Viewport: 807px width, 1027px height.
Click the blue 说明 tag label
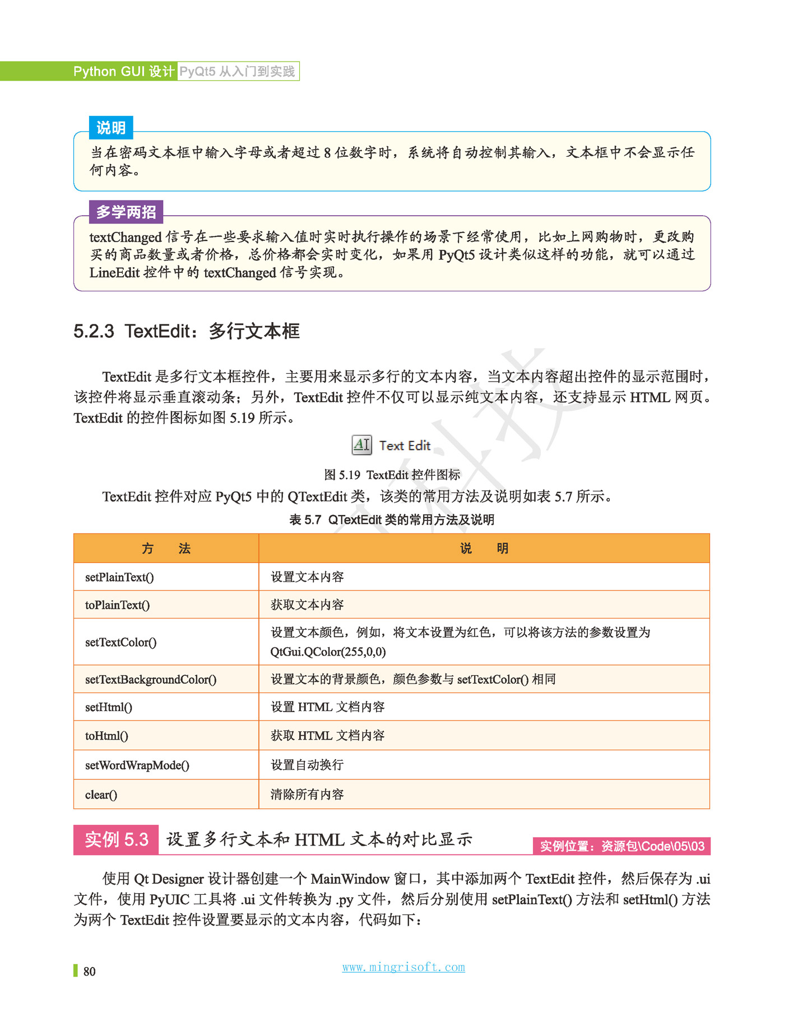tap(111, 128)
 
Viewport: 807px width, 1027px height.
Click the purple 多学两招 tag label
tap(126, 212)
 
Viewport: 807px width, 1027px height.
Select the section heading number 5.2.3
tap(94, 331)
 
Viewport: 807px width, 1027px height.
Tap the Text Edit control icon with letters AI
tap(361, 445)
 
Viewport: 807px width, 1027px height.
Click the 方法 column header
tap(166, 549)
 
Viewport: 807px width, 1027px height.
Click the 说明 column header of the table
tap(484, 549)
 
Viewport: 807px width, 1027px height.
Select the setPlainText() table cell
tap(119, 577)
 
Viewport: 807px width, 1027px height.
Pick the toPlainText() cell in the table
tap(117, 605)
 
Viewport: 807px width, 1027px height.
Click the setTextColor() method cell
tap(120, 642)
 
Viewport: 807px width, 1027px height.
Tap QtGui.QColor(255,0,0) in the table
tap(328, 652)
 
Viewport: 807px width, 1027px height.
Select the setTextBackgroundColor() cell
tap(151, 680)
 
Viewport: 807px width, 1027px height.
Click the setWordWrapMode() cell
tap(137, 765)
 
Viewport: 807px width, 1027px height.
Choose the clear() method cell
tap(101, 794)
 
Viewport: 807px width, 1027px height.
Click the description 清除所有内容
tap(307, 794)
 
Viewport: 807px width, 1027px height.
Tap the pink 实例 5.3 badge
tap(116, 839)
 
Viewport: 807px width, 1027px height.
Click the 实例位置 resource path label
tap(622, 846)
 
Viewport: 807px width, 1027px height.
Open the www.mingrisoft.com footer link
tap(403, 967)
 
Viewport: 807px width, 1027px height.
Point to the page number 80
tap(89, 972)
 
